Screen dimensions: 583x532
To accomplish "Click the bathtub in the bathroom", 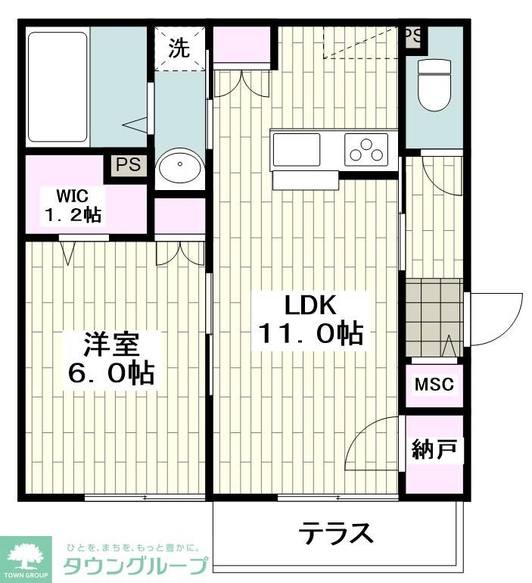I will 58,86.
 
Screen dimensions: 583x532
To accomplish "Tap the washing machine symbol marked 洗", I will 179,48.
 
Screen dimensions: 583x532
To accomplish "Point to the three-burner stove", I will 366,148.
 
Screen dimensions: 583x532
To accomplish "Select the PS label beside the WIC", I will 128,165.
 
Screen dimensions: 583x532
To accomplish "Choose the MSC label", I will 434,385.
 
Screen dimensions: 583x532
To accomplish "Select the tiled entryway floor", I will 433,316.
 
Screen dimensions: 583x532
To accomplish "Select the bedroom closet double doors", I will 180,253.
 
